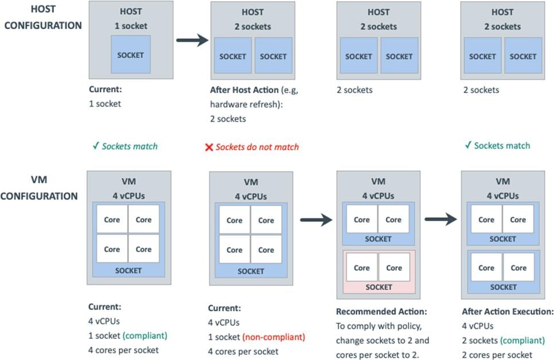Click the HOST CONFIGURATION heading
[41, 18]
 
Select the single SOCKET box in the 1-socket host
[131, 54]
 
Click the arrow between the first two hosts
[192, 40]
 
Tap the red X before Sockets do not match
[209, 147]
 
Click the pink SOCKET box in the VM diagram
[379, 272]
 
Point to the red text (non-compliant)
[274, 337]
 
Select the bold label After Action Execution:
[508, 312]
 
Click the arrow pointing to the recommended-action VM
[317, 220]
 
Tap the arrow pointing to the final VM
[441, 220]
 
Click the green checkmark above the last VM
[468, 146]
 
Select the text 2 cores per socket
[497, 355]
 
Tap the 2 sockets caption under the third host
[354, 89]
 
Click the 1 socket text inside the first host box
[131, 26]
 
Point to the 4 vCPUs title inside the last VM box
[502, 195]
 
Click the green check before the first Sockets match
[96, 146]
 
